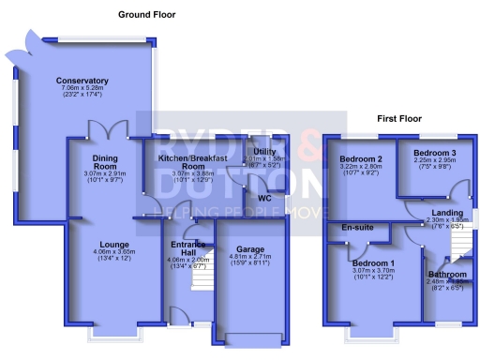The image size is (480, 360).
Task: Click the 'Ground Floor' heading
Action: pyautogui.click(x=146, y=15)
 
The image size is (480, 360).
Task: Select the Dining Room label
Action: pyautogui.click(x=97, y=161)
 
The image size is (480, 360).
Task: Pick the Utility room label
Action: pyautogui.click(x=262, y=151)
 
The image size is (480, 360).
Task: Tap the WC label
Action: pyautogui.click(x=264, y=199)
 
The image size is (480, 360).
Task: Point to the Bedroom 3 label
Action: pyautogui.click(x=434, y=152)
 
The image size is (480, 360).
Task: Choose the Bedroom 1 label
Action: pyautogui.click(x=374, y=262)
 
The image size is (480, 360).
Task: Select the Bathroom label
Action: pyautogui.click(x=447, y=274)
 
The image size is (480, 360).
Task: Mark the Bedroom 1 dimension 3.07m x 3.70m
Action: pyautogui.click(x=374, y=271)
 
